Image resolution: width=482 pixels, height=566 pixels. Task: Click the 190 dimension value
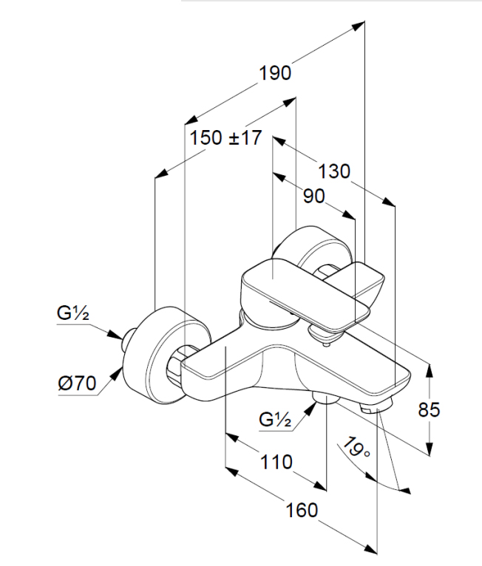275,72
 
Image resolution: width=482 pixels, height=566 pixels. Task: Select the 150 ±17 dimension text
225,137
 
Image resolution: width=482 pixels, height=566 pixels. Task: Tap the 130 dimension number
334,171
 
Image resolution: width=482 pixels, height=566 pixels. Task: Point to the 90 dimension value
314,196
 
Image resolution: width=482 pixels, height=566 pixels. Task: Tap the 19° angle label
356,449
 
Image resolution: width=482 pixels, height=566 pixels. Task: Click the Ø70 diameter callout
77,383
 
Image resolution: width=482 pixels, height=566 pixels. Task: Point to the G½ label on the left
73,313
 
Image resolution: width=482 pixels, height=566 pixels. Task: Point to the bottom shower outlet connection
324,400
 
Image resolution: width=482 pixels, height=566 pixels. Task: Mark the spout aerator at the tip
377,406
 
